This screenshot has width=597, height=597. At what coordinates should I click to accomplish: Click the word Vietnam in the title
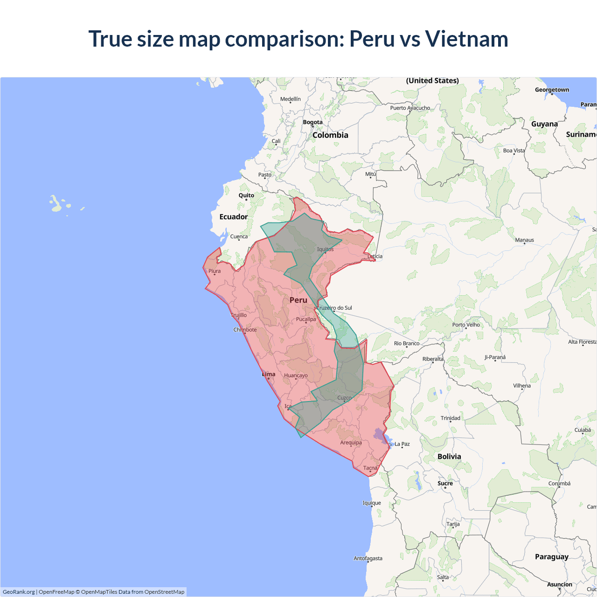tap(466, 39)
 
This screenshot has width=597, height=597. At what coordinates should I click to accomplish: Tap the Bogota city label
tap(312, 122)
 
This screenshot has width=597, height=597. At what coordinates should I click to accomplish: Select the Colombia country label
tap(330, 135)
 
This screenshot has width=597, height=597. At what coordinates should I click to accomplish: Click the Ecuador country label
tap(233, 217)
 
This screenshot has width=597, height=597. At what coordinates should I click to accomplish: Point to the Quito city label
tap(246, 195)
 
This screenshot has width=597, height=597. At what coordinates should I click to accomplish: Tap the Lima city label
tap(269, 374)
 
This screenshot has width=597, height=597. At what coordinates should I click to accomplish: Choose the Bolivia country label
tap(449, 457)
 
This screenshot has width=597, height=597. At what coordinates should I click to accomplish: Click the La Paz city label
tap(402, 444)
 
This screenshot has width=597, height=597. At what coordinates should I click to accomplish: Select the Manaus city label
tap(524, 240)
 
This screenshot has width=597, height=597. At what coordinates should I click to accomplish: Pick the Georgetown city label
tap(552, 90)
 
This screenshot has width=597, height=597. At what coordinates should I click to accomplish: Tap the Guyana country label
tap(544, 124)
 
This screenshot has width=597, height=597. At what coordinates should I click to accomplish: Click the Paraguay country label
tap(551, 557)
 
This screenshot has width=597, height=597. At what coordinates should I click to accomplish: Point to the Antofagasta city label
tap(368, 558)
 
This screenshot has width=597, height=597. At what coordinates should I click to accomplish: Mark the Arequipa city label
tap(351, 443)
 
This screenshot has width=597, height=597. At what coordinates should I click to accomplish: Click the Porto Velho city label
tap(466, 325)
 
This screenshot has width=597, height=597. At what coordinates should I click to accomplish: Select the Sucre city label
tap(445, 483)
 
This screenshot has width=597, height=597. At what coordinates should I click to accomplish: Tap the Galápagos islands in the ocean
tap(56, 204)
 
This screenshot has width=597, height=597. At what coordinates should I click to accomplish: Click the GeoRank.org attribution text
tap(19, 592)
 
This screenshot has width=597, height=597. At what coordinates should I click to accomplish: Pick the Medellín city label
tap(290, 99)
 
